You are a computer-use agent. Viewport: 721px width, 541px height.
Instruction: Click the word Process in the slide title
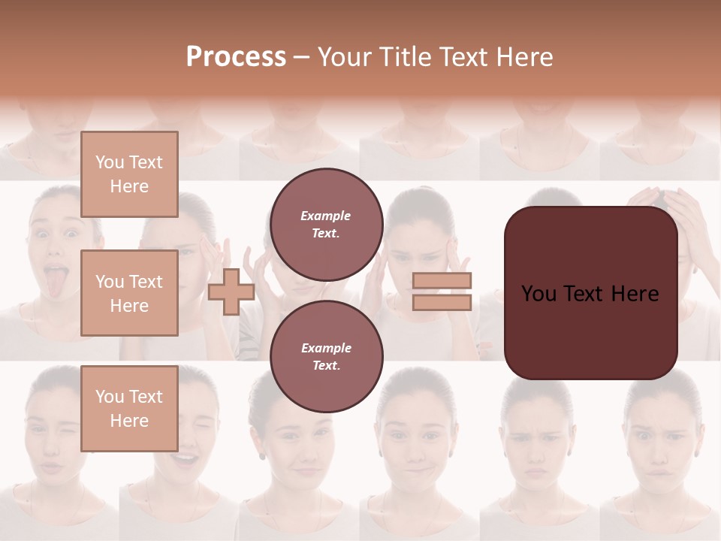point(236,57)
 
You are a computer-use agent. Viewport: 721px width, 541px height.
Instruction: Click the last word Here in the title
point(525,57)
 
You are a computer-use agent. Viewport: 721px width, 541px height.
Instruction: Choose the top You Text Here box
point(129,174)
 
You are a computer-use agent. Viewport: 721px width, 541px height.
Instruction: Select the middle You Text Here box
point(129,293)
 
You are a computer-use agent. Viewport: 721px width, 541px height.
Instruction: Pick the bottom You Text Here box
point(129,408)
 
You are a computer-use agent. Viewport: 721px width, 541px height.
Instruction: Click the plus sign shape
point(231,292)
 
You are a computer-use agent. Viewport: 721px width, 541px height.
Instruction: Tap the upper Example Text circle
point(326,224)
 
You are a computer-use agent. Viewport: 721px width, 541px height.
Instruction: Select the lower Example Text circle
point(326,356)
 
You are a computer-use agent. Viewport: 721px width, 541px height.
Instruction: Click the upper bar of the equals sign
point(442,280)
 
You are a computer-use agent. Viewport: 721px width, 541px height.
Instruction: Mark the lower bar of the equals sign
point(442,302)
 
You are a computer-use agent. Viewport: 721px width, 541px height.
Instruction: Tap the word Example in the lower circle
point(326,348)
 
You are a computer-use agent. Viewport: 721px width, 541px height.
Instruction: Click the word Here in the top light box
point(129,186)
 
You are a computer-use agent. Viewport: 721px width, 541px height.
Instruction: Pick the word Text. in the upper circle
point(326,233)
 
